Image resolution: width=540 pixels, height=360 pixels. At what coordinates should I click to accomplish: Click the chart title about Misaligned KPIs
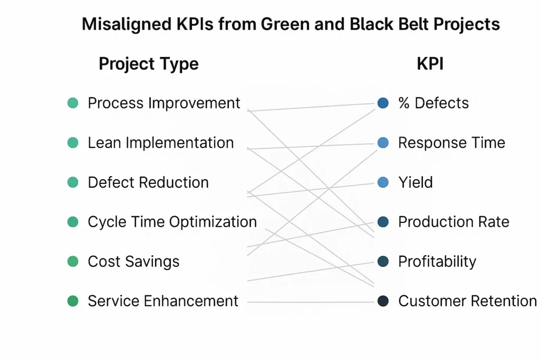pyautogui.click(x=291, y=24)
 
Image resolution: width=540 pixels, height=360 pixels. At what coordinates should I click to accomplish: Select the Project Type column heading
pyautogui.click(x=149, y=64)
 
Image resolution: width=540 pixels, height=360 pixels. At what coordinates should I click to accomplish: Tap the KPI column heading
pyautogui.click(x=430, y=64)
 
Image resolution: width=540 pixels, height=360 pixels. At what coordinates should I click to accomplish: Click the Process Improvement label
pyautogui.click(x=164, y=103)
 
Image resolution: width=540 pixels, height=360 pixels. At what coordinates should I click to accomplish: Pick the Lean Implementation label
pyautogui.click(x=161, y=143)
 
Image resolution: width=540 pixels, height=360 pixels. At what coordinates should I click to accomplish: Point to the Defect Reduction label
pyautogui.click(x=148, y=182)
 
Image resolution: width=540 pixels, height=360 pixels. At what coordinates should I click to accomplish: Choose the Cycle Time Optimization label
pyautogui.click(x=172, y=222)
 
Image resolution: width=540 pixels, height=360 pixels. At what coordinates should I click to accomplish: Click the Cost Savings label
pyautogui.click(x=133, y=261)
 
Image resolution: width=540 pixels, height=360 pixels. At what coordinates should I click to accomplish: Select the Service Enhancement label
pyautogui.click(x=163, y=301)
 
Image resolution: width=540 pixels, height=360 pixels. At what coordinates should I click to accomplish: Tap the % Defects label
pyautogui.click(x=433, y=103)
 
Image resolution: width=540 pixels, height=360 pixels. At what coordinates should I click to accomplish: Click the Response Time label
pyautogui.click(x=451, y=143)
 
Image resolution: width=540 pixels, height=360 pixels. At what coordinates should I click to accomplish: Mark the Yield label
pyautogui.click(x=416, y=182)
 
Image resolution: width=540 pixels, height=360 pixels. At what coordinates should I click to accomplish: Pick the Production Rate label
pyautogui.click(x=454, y=222)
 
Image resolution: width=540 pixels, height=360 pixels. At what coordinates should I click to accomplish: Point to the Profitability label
pyautogui.click(x=437, y=261)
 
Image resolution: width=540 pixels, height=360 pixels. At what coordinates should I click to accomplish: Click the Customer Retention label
pyautogui.click(x=467, y=301)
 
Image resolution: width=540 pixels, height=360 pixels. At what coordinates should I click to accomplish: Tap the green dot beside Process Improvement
pyautogui.click(x=73, y=103)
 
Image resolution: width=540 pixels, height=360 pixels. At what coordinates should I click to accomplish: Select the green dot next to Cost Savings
pyautogui.click(x=73, y=261)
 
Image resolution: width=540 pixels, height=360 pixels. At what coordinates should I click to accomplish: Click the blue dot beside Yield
pyautogui.click(x=383, y=182)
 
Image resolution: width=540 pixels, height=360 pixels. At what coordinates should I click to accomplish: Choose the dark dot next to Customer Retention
pyautogui.click(x=383, y=301)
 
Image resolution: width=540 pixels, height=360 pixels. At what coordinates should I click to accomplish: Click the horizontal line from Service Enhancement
pyautogui.click(x=311, y=302)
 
